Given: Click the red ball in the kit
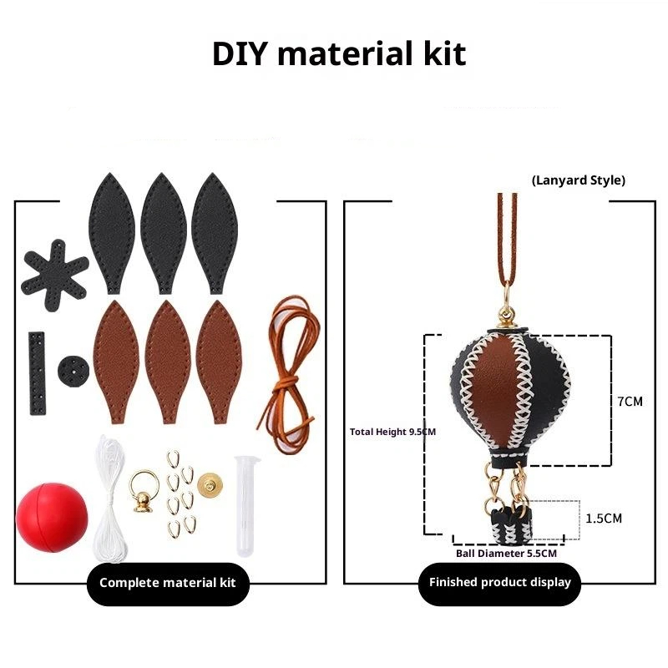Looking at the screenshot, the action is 52,517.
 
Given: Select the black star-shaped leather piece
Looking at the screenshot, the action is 54,276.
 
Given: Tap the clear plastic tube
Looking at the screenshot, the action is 246,507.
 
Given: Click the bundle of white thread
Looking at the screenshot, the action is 111,499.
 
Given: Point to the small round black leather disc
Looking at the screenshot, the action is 73,371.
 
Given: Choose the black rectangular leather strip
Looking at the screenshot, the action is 38,372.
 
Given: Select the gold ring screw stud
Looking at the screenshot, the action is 144,491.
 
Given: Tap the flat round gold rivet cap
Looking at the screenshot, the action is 210,485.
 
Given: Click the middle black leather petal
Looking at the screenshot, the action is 163,234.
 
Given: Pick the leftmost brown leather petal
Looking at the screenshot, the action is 116,362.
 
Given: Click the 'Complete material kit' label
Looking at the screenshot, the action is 168,583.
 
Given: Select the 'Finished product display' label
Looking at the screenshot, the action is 499,582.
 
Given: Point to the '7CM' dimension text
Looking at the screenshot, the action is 630,402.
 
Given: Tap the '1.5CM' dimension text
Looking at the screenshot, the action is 604,519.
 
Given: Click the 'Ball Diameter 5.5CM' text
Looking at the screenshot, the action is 506,554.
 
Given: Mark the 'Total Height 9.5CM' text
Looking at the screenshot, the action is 392,432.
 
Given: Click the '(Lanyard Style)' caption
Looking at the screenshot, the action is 579,180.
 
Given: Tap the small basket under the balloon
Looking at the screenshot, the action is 512,525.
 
